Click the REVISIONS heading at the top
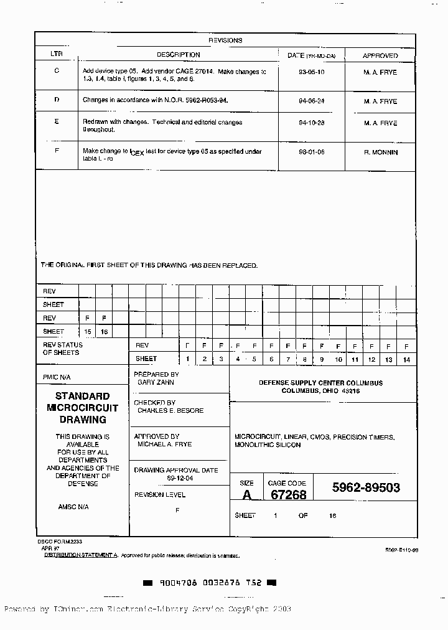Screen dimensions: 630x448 225,40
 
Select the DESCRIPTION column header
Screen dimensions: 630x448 178,55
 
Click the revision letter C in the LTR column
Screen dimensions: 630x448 57,71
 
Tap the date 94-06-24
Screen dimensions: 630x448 312,101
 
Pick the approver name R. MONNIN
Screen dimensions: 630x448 380,152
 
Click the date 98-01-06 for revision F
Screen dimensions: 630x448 312,152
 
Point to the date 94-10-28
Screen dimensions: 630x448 312,123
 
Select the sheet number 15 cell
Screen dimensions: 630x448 88,332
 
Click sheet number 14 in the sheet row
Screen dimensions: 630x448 406,359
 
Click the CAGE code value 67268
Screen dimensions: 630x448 288,494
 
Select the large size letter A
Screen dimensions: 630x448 247,495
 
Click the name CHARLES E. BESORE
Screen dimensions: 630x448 170,411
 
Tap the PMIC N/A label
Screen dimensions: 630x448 57,377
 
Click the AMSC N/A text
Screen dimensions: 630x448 73,507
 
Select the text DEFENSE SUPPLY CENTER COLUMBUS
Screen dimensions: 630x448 320,383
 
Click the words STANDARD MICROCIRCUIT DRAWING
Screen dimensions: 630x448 82,408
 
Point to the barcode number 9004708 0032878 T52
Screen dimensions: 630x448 210,583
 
